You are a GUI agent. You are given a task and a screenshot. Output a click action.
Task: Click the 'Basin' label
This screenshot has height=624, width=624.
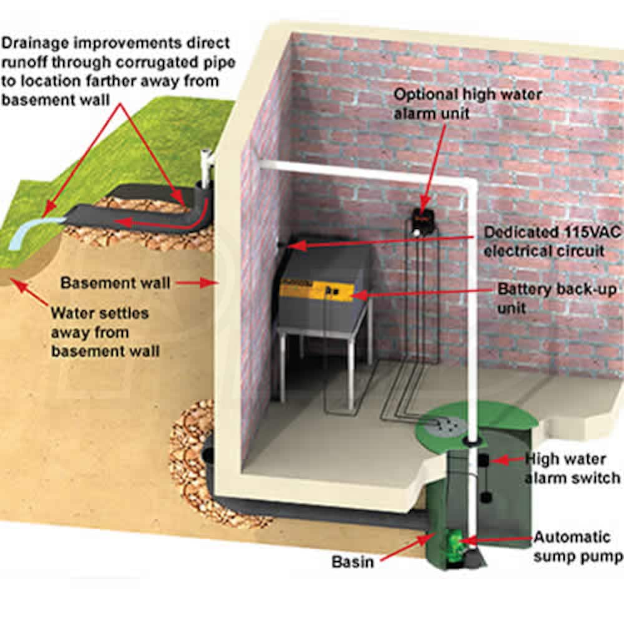pos(353,561)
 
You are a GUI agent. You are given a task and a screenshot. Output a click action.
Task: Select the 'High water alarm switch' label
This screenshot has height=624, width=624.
pos(573,469)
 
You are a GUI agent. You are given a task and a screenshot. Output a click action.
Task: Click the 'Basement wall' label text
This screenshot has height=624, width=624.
pos(115,283)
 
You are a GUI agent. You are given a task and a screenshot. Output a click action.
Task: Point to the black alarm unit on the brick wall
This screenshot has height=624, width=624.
pos(422,218)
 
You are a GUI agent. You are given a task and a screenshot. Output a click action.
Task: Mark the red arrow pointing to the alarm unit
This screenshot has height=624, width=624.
pos(437,162)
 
